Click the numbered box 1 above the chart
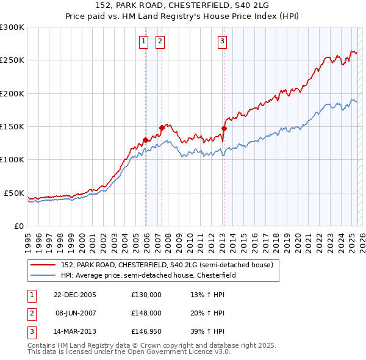tap(143, 41)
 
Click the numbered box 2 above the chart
tap(160, 41)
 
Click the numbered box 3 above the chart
tap(222, 41)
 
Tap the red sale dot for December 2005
tap(146, 140)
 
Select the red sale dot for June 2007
tap(162, 128)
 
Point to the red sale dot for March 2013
tap(224, 128)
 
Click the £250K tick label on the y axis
tap(12, 60)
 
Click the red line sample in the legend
tap(43, 265)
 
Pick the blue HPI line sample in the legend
tap(43, 275)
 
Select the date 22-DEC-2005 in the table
tap(75, 295)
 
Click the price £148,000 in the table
tap(146, 313)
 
